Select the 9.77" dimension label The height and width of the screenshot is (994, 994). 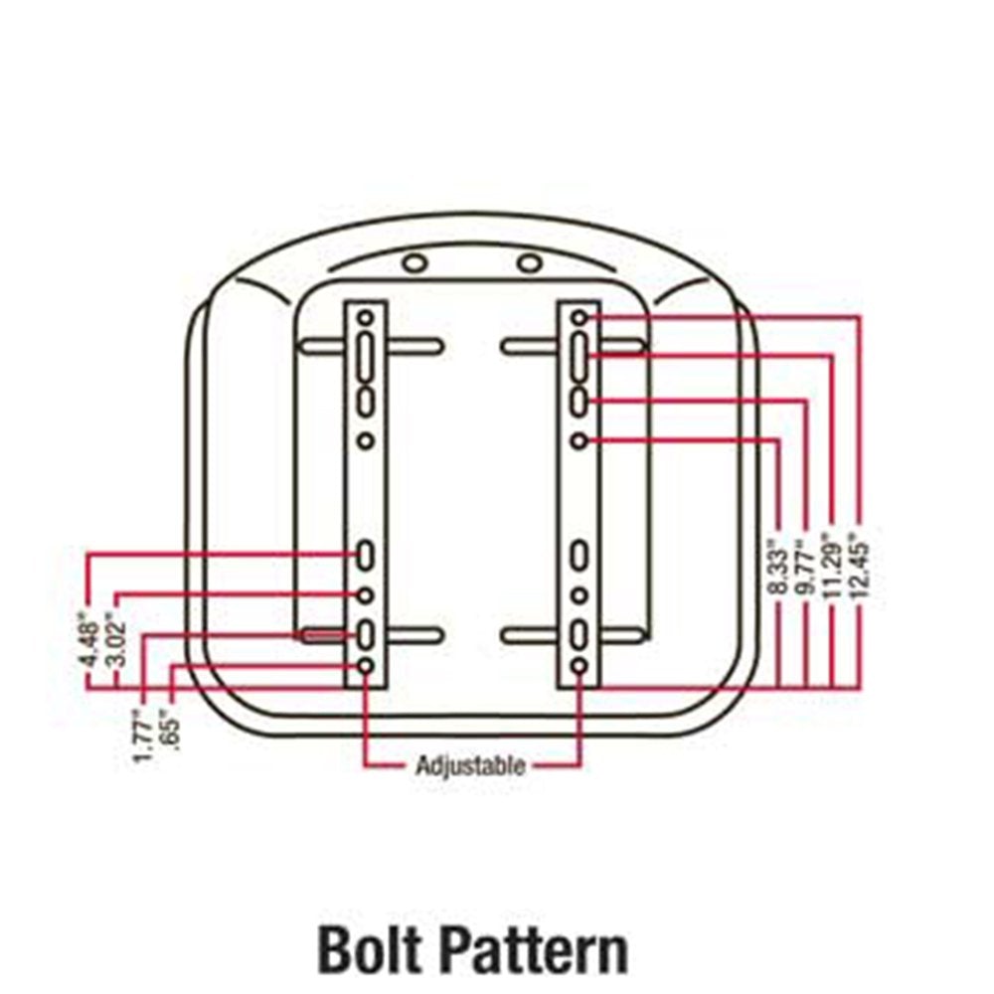(806, 568)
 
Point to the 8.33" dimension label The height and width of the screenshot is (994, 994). (779, 568)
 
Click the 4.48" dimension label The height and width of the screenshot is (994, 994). (87, 639)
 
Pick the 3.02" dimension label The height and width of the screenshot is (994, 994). (115, 639)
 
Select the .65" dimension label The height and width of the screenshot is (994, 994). (171, 734)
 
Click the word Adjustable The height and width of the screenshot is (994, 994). (470, 766)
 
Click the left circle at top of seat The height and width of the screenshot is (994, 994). (415, 262)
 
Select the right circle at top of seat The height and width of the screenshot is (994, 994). (530, 262)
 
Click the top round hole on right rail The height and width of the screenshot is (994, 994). (579, 318)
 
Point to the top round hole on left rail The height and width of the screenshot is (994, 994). (366, 318)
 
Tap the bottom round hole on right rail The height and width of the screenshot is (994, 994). (579, 666)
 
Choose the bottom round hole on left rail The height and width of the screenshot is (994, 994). (366, 666)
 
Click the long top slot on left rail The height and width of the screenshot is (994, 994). (366, 357)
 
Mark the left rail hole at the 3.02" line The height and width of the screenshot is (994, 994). (365, 595)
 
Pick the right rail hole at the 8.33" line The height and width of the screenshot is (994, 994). (579, 440)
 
